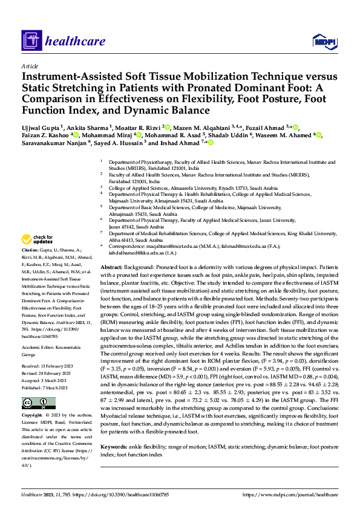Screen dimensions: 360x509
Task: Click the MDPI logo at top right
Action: (321, 42)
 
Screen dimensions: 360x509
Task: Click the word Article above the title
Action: (30, 65)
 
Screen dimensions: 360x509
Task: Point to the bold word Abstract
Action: (111, 267)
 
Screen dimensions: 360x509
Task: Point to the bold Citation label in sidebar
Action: (30, 250)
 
